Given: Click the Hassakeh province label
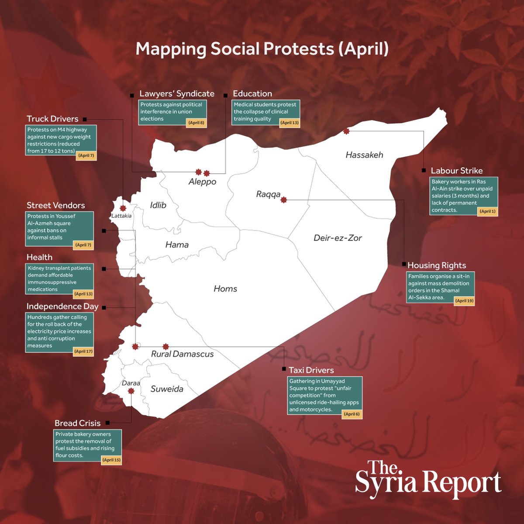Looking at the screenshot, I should point(364,155).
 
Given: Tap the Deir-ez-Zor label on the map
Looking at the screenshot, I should point(338,238).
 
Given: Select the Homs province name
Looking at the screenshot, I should point(225,289).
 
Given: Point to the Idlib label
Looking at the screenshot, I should point(158,205).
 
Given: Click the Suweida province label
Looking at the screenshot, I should point(167,389).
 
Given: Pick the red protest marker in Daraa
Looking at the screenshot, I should point(131,391).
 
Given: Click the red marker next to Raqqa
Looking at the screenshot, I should point(284,200).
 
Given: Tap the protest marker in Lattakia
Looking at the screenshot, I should point(123,208).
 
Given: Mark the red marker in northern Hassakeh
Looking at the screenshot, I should point(346,131).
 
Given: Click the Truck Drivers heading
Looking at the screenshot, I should point(52,119).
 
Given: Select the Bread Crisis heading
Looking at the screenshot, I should point(77,423).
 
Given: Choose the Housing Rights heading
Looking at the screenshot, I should point(437,265).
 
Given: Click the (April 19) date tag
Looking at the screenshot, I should point(464,301).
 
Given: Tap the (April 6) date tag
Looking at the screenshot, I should point(352,414).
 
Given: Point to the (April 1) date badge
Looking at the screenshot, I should point(487,211).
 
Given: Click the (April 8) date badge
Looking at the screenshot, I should point(196,123).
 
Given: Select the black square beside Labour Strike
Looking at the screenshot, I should point(424,170).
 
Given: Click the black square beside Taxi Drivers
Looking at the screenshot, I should point(284,369).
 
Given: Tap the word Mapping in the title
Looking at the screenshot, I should point(171,49).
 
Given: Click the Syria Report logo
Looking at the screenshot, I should point(428,479).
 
